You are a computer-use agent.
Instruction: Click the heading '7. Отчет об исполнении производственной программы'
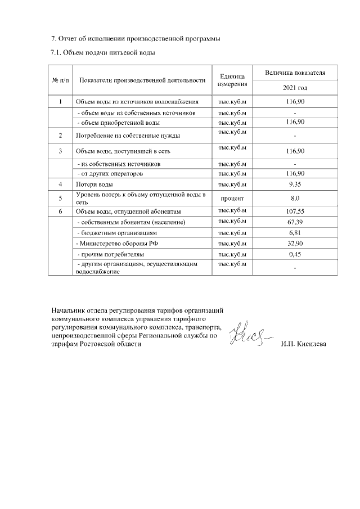point(132,39)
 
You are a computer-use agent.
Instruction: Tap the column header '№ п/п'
point(60,80)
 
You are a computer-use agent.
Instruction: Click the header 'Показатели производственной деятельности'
point(142,80)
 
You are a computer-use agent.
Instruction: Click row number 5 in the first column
point(60,198)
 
